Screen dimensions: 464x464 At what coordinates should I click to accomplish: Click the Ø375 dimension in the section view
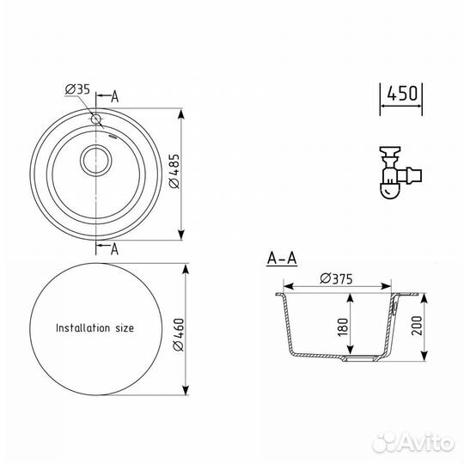click(337, 278)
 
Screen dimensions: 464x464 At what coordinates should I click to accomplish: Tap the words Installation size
click(95, 327)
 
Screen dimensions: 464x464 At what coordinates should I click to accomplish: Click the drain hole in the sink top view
click(95, 161)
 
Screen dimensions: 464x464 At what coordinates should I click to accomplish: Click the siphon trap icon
click(398, 172)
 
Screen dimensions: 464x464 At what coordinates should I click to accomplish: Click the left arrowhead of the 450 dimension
click(384, 107)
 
